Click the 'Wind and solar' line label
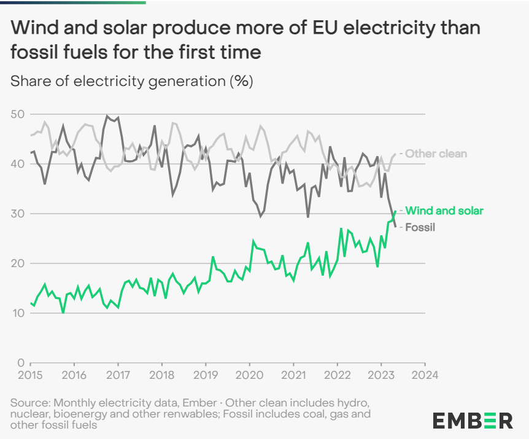coord(444,211)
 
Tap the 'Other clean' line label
coord(436,153)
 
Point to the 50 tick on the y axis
coord(17,114)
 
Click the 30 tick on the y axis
coord(17,214)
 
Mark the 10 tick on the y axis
coord(17,313)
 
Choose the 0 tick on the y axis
coord(20,363)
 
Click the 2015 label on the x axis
coord(30,375)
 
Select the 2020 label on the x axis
coord(249,375)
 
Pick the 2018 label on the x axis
coord(161,375)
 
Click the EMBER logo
coord(473,421)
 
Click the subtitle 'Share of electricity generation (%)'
coord(132,81)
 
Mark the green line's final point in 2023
coord(395,212)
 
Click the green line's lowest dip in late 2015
coord(63,313)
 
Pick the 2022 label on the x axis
coord(337,375)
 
